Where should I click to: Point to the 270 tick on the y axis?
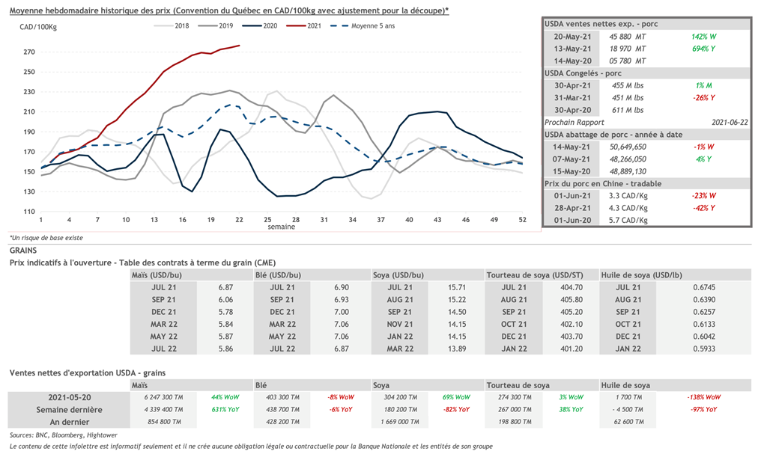(29, 52)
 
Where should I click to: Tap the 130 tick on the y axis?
(29, 191)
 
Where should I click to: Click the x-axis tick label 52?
(522, 220)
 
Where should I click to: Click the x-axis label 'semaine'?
(282, 227)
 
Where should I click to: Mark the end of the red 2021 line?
(240, 46)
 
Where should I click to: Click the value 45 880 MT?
(631, 36)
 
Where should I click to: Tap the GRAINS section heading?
(23, 251)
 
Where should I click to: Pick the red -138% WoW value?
(703, 397)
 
